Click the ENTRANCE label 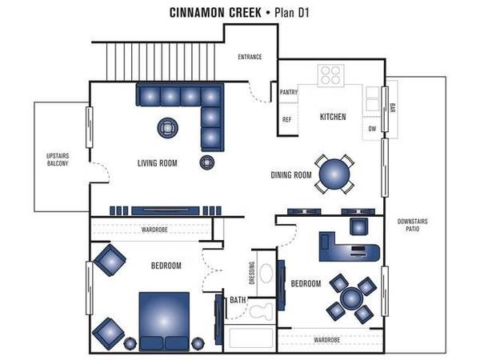tap(250, 57)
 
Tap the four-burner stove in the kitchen tap(330, 75)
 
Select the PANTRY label tap(289, 92)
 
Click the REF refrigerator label tap(287, 119)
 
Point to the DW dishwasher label tap(372, 129)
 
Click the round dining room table tap(334, 174)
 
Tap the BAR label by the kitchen tap(393, 107)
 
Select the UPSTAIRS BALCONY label tap(58, 159)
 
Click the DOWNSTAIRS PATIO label tap(412, 225)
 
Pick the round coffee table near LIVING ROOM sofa tap(168, 128)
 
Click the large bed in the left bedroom tap(164, 321)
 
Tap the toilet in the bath tap(261, 311)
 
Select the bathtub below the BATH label tap(251, 338)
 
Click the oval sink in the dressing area tap(266, 274)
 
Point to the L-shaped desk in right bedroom tap(349, 247)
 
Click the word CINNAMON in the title tap(215, 13)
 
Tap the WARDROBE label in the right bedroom tap(327, 340)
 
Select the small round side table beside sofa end tap(207, 162)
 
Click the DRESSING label tap(252, 273)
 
